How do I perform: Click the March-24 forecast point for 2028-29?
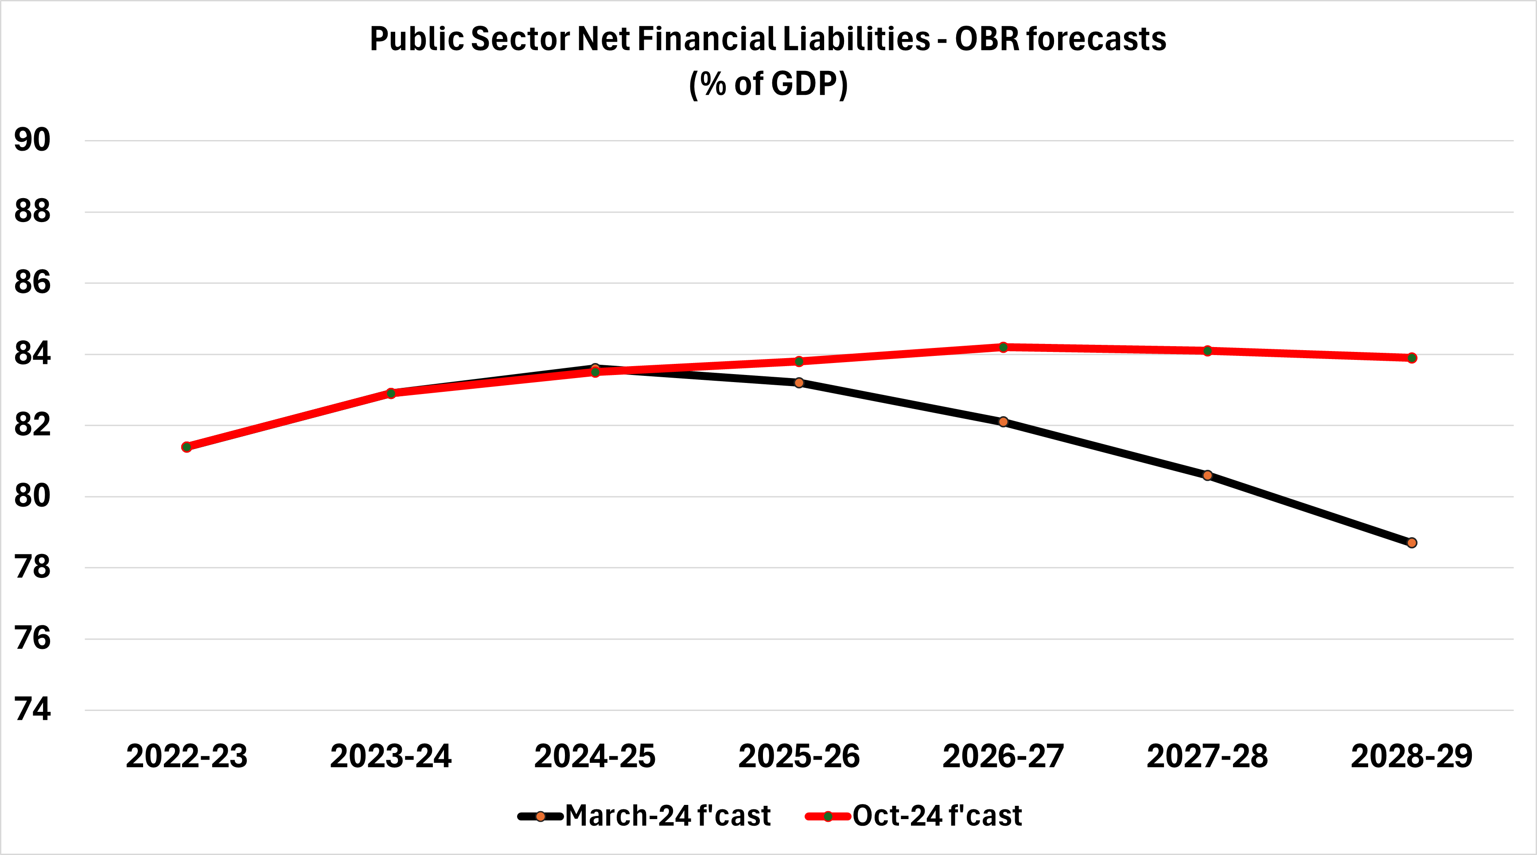(1412, 543)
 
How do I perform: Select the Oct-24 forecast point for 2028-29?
(1412, 358)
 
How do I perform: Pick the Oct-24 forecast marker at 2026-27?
(1003, 347)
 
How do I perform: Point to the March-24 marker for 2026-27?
(1003, 422)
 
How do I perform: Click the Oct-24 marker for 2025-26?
(799, 361)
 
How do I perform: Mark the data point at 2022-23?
(187, 447)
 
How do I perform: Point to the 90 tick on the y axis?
(32, 141)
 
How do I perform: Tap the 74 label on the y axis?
(32, 710)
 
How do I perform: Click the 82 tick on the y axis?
(32, 425)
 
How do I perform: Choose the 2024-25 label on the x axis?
(595, 757)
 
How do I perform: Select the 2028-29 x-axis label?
(1412, 757)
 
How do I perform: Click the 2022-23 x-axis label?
(187, 757)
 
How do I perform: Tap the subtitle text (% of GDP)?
(768, 84)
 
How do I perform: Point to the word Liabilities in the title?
(856, 39)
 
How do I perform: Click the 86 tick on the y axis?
(32, 282)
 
